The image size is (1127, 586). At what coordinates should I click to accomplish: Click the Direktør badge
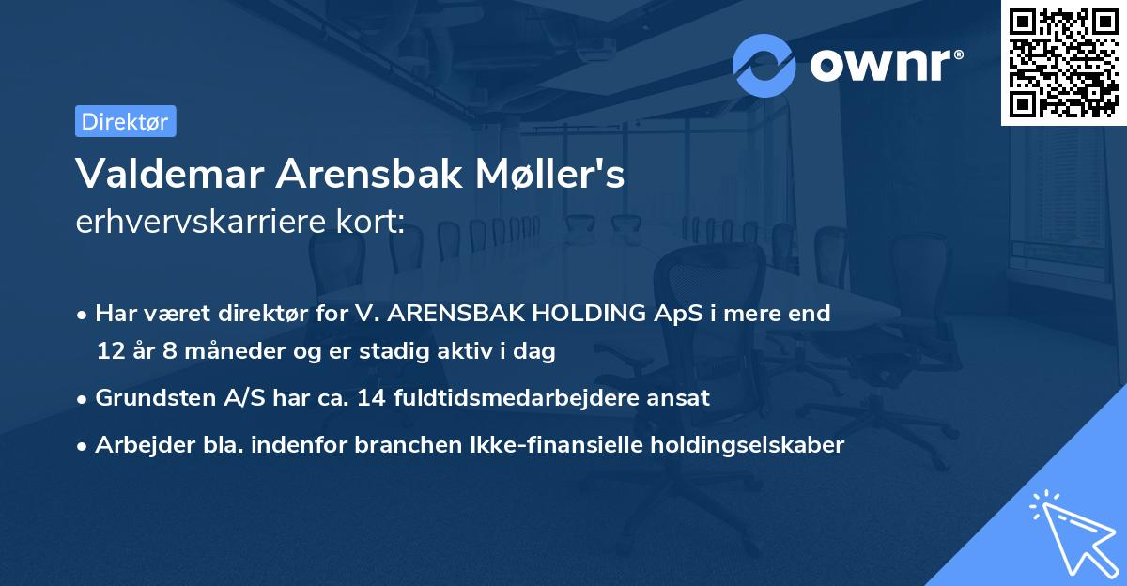125,121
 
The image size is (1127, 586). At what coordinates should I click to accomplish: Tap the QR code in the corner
1063,62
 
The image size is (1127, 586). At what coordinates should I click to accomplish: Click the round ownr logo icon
764,66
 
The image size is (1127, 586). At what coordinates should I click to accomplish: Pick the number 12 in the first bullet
111,352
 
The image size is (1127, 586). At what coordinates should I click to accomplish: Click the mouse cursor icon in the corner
1071,531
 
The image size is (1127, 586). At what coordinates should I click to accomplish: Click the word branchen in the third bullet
395,445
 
